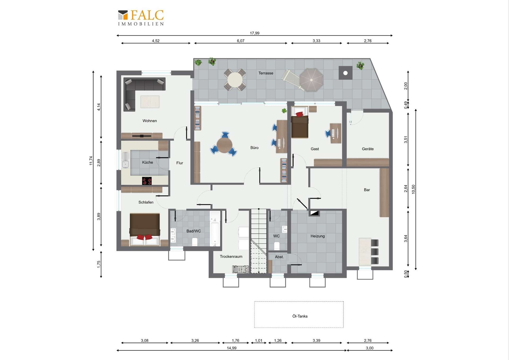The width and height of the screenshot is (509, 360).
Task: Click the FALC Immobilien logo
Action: click(x=141, y=18)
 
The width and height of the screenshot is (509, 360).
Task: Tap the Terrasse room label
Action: click(x=266, y=73)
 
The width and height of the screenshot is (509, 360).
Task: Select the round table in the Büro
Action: click(x=225, y=145)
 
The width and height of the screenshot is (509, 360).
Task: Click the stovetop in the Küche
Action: click(x=147, y=181)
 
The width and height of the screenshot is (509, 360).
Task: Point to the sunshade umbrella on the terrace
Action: click(x=311, y=80)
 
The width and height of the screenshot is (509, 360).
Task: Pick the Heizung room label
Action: click(x=318, y=236)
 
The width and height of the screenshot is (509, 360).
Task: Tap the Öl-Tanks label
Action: click(x=300, y=316)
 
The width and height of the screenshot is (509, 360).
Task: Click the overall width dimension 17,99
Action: click(x=254, y=33)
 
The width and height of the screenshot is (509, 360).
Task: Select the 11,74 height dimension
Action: click(x=91, y=161)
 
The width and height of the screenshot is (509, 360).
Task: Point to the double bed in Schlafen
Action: click(x=145, y=229)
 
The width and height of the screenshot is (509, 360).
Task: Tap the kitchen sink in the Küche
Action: click(x=125, y=161)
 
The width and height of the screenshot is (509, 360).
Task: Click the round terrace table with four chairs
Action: click(x=235, y=80)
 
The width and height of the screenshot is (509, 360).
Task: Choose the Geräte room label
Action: click(x=368, y=149)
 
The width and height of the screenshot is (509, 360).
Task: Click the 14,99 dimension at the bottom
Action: click(x=231, y=348)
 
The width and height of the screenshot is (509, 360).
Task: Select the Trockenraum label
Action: click(x=231, y=257)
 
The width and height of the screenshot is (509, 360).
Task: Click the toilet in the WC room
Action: click(x=277, y=246)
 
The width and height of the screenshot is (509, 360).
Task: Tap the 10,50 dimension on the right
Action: click(x=413, y=189)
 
